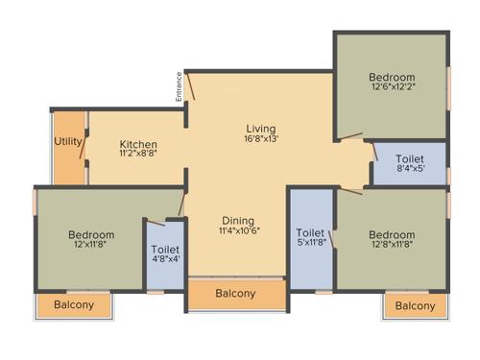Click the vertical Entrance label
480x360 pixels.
point(179,87)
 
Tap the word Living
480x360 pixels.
point(260,129)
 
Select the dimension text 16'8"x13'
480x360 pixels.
point(260,140)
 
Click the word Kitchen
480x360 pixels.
point(138,145)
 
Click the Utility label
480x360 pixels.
point(68,142)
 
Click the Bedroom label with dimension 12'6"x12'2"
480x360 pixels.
point(392,78)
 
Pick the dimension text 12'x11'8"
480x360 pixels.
point(91,246)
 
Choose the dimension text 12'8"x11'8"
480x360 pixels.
point(392,246)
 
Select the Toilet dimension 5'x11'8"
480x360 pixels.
point(310,244)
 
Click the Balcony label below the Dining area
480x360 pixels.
point(235,294)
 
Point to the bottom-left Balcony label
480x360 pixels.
point(74,305)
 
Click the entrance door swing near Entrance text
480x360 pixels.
point(192,86)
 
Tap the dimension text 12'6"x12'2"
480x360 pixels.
point(392,89)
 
